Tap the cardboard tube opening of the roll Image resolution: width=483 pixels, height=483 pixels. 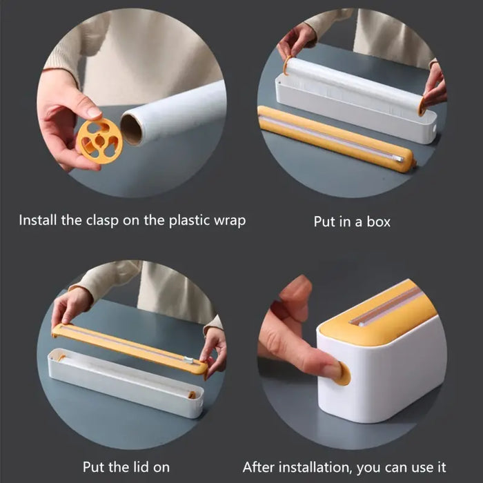click(x=132, y=129)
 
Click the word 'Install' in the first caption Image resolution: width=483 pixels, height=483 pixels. click(x=39, y=221)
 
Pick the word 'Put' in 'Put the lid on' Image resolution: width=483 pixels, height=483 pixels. click(x=94, y=467)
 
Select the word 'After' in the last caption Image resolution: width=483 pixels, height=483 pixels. click(x=259, y=467)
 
